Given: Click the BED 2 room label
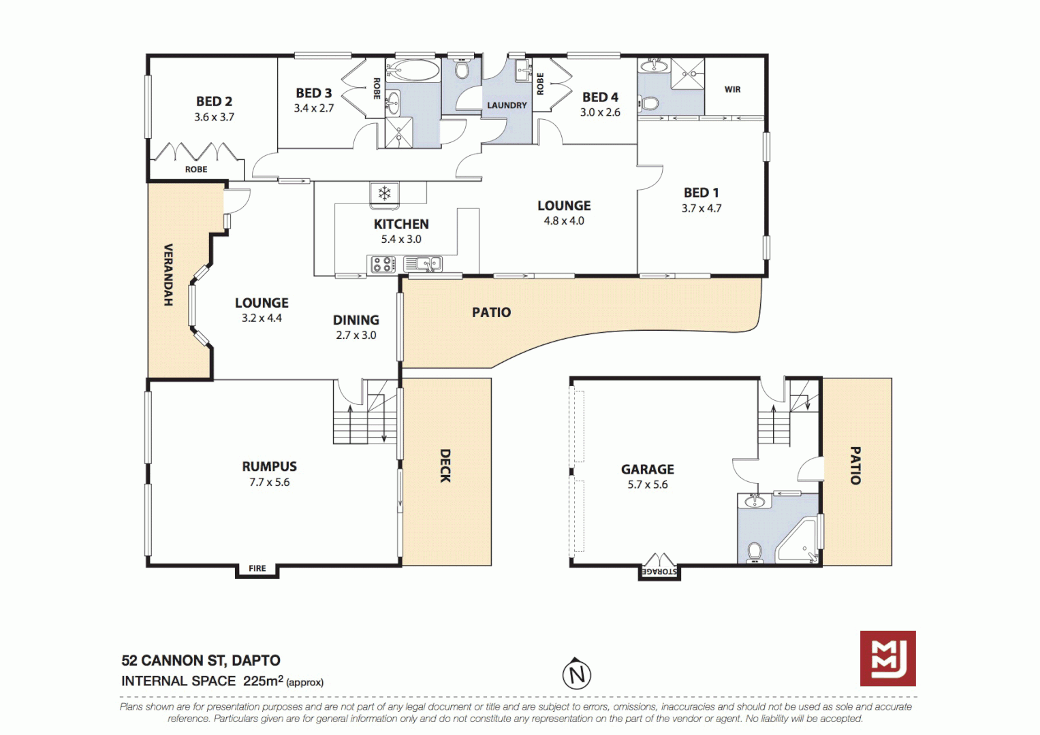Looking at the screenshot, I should pyautogui.click(x=214, y=101).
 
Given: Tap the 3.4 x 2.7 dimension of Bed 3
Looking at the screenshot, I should pyautogui.click(x=314, y=108).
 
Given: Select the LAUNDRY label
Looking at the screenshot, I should pyautogui.click(x=507, y=105).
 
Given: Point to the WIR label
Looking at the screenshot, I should pyautogui.click(x=732, y=89).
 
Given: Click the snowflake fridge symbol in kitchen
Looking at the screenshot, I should pyautogui.click(x=385, y=193).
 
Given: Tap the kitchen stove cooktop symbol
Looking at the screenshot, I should pyautogui.click(x=383, y=264).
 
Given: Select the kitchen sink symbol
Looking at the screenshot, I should pyautogui.click(x=423, y=263).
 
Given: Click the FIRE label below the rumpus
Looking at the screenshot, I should pyautogui.click(x=257, y=568).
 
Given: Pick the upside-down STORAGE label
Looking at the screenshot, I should pyautogui.click(x=659, y=572).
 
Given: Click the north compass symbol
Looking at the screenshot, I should pyautogui.click(x=577, y=674).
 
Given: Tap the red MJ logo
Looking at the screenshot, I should pyautogui.click(x=887, y=658).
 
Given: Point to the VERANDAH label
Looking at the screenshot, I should pyautogui.click(x=168, y=274).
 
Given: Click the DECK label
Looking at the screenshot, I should pyautogui.click(x=445, y=465).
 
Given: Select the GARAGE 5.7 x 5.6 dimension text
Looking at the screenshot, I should pyautogui.click(x=648, y=485).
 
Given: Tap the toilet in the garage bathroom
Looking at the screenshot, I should pyautogui.click(x=755, y=551).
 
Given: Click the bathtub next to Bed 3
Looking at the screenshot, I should pyautogui.click(x=413, y=70).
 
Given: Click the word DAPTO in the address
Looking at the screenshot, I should pyautogui.click(x=255, y=660).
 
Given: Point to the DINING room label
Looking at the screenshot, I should pyautogui.click(x=356, y=320).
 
